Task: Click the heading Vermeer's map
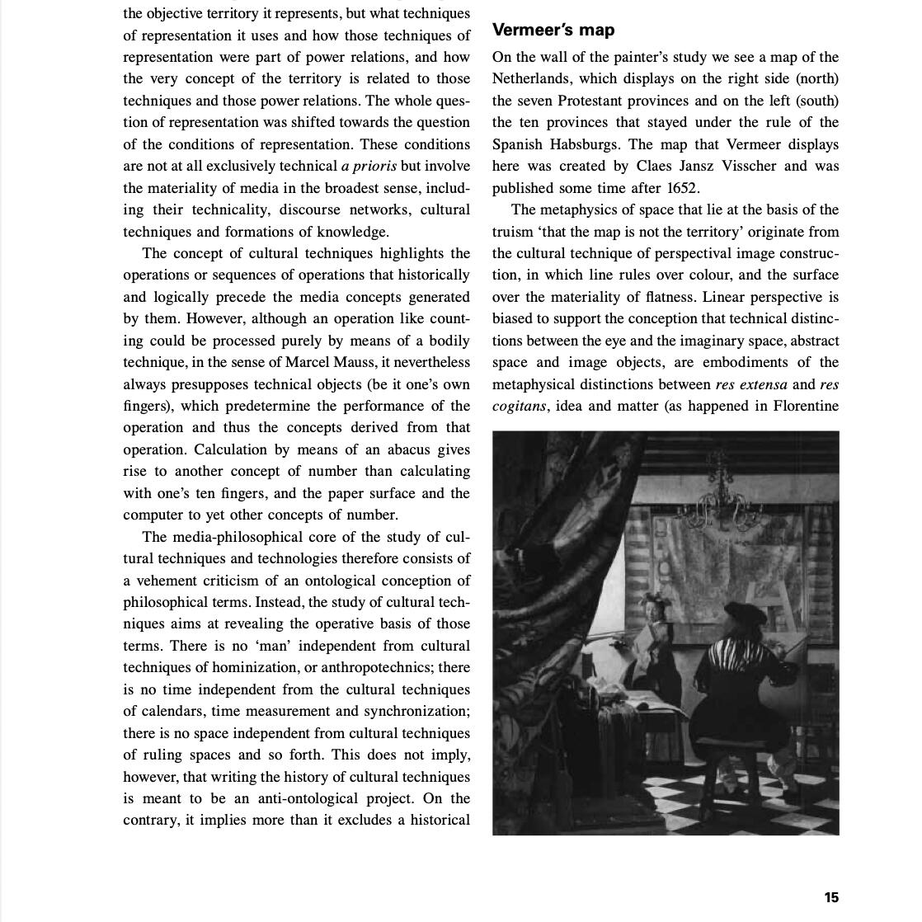click(553, 31)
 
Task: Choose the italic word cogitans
click(519, 406)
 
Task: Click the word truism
click(515, 232)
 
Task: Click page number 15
click(830, 897)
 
